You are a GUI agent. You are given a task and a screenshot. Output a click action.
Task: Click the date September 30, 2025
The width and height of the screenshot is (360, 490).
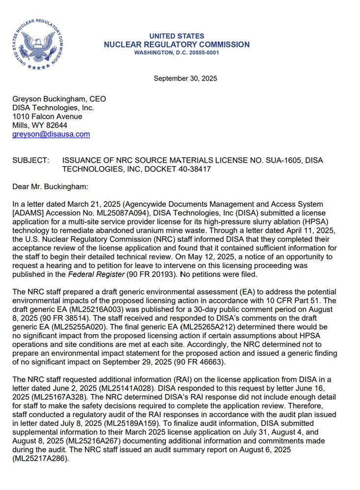point(185,78)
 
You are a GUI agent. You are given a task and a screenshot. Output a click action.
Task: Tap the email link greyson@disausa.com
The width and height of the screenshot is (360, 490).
point(51,134)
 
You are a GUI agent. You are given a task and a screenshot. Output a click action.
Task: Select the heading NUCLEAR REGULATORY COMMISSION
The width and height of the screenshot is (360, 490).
point(177,45)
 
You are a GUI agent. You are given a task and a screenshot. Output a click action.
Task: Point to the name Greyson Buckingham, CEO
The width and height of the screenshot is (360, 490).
point(59,99)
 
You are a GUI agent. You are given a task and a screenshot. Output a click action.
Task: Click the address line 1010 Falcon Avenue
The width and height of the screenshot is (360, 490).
point(47,117)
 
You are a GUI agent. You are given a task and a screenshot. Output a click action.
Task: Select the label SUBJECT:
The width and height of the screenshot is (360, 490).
point(30,161)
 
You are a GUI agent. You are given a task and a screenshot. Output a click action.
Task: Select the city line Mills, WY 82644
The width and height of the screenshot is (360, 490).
point(40,125)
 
